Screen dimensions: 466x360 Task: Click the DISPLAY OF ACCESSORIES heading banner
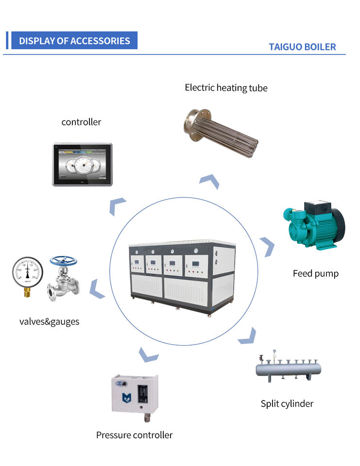point(74,41)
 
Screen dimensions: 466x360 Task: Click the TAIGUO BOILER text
point(302,47)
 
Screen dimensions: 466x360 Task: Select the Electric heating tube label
point(226,88)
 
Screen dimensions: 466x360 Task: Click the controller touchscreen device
point(83,164)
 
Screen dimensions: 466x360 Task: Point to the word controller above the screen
point(81,122)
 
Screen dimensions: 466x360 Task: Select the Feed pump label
point(315,274)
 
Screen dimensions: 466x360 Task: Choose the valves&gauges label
point(49,321)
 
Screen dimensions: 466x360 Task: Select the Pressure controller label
point(134,435)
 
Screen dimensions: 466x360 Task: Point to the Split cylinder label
point(287,404)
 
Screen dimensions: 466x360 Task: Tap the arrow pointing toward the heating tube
point(209,181)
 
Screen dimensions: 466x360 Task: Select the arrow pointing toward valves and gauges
point(99,288)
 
